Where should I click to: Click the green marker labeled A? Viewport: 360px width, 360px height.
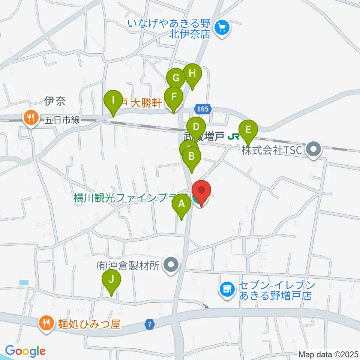tap(181, 205)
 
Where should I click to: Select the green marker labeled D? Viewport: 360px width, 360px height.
tap(196, 126)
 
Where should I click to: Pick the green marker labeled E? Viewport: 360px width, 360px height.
tap(248, 130)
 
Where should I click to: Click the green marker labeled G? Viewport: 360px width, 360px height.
tap(176, 79)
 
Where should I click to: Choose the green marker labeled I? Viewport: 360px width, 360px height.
tap(113, 100)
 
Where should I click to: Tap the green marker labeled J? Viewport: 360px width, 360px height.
tap(111, 280)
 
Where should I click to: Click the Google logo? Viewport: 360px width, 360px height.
tap(25, 351)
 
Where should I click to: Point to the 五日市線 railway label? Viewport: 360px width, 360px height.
tap(63, 120)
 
